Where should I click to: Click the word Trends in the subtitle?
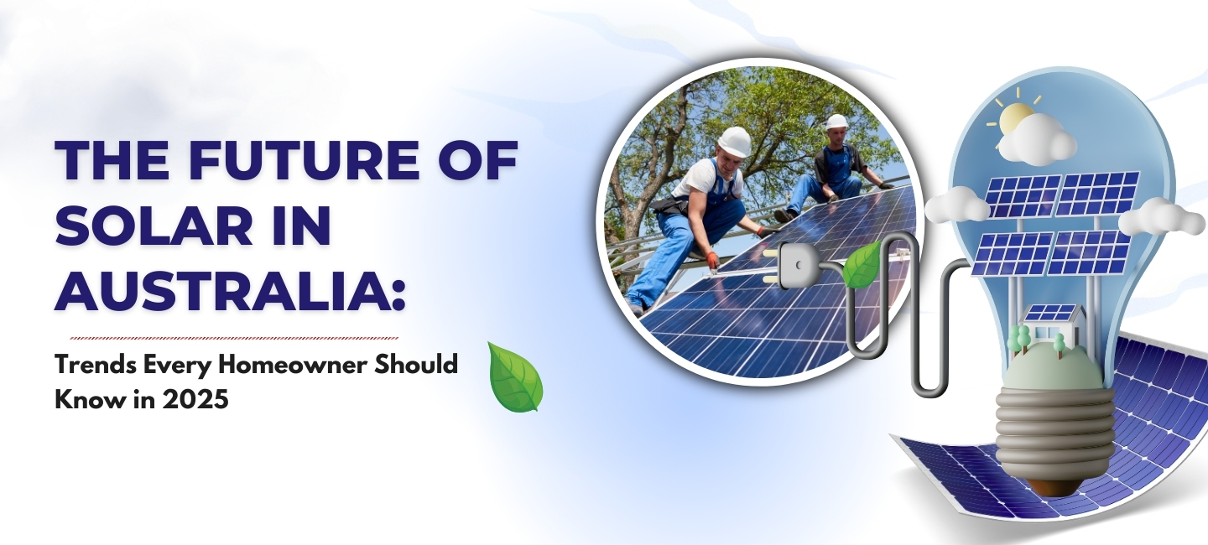pyautogui.click(x=91, y=366)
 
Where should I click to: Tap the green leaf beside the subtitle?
pyautogui.click(x=515, y=376)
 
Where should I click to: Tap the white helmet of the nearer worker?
pyautogui.click(x=735, y=141)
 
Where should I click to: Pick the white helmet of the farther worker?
pyautogui.click(x=836, y=122)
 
